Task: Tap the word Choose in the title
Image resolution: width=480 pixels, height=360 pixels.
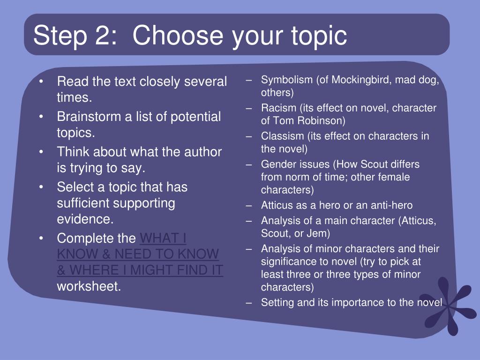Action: click(x=178, y=35)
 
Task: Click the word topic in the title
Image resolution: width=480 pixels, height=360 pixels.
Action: click(x=319, y=37)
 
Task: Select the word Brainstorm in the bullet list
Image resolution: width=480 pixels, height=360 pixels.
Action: click(x=89, y=117)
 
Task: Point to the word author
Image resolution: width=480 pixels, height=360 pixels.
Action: click(x=202, y=152)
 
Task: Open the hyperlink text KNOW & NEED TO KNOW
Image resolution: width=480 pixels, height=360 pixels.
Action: click(x=138, y=254)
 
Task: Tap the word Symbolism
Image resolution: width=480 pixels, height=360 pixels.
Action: click(x=287, y=80)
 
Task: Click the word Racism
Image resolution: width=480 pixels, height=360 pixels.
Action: click(x=278, y=108)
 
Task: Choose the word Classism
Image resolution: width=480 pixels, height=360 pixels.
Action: click(x=282, y=136)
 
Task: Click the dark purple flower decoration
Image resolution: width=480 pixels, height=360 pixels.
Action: click(x=450, y=306)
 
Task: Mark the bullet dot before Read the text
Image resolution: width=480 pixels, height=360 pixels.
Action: click(x=41, y=82)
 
